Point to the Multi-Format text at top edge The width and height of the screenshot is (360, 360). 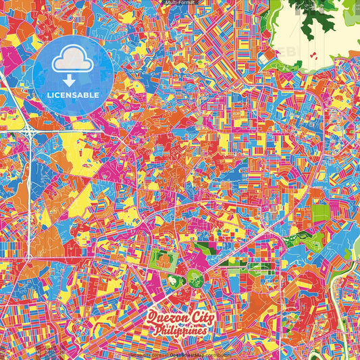point(180,3)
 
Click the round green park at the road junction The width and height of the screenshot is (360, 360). point(196,276)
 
